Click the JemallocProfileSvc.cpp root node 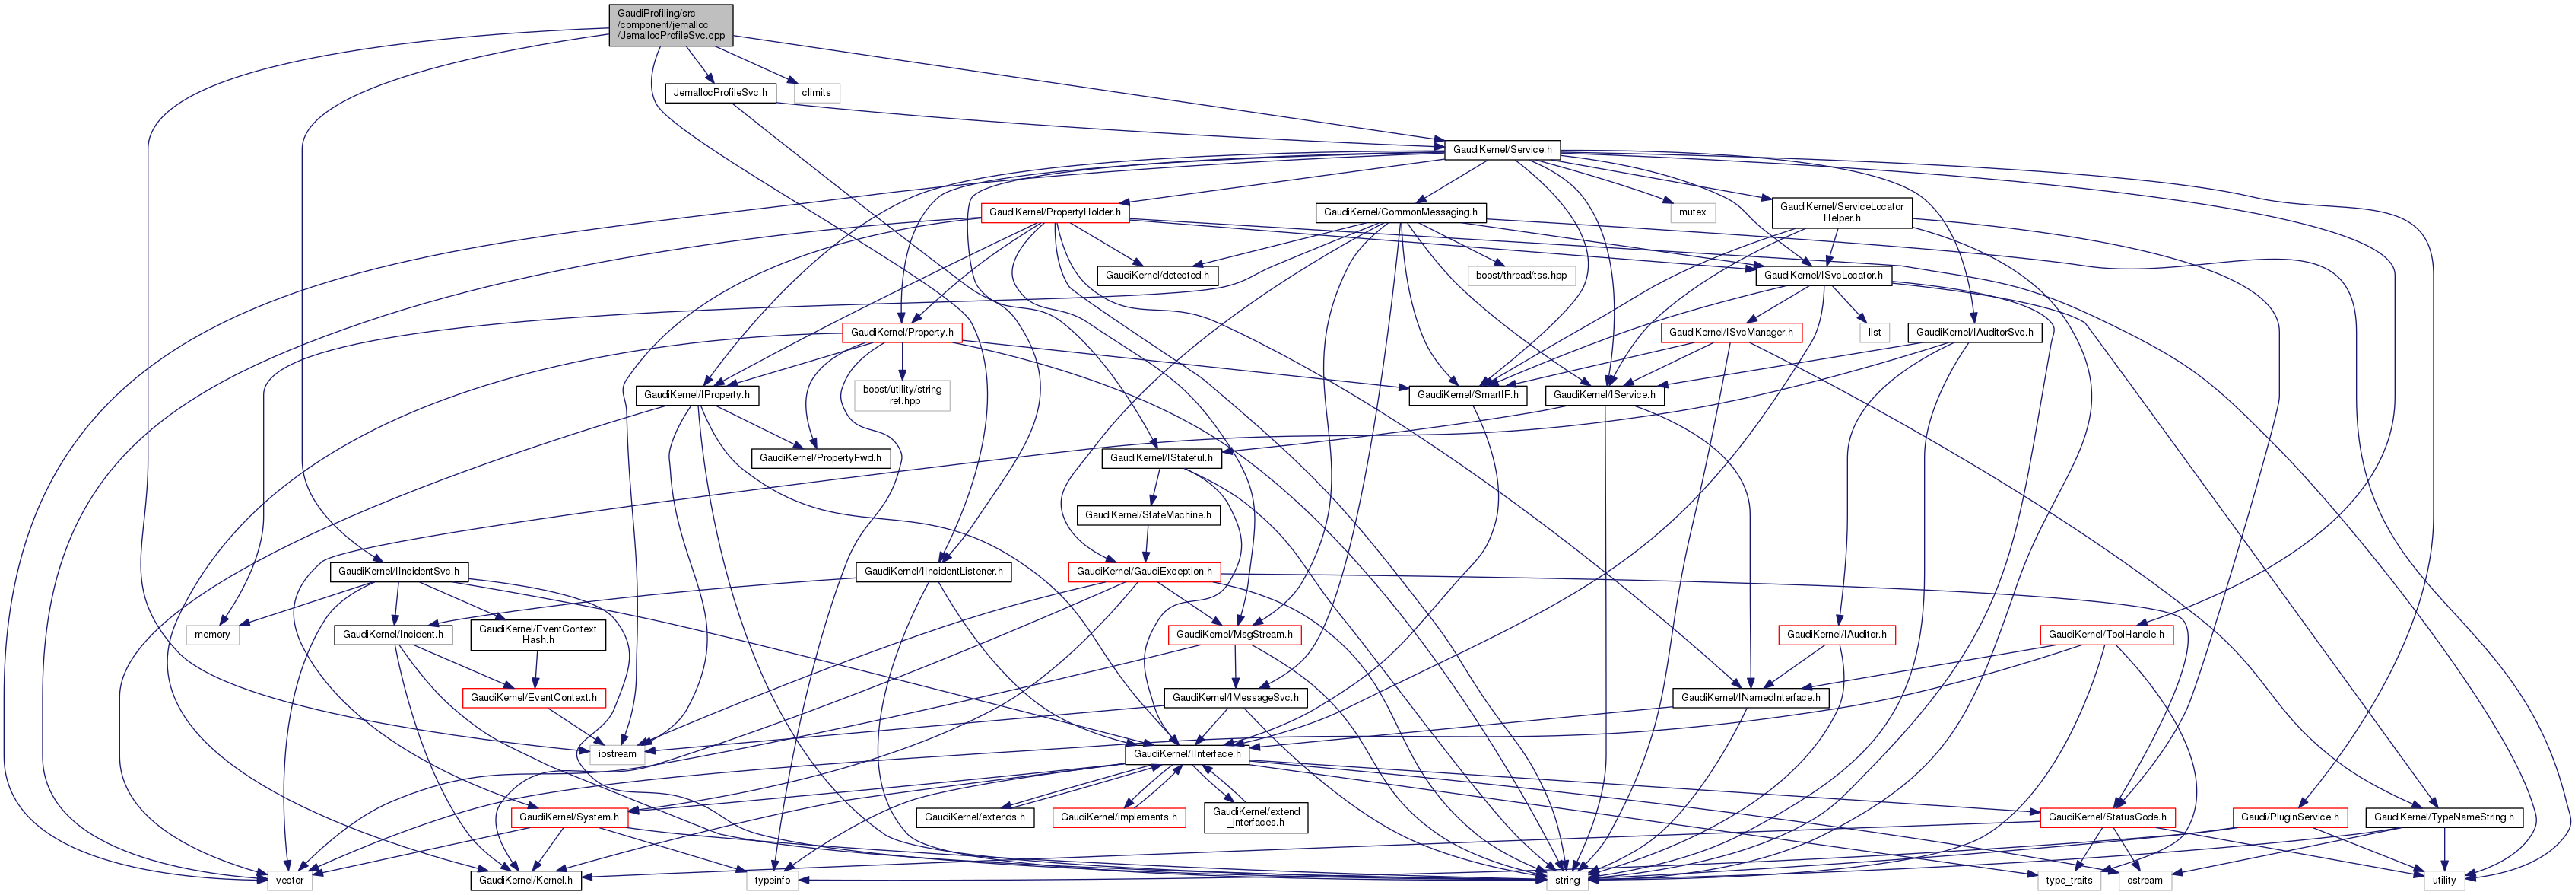(671, 24)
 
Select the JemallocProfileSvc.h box (719, 93)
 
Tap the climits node (816, 93)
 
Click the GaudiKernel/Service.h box (1501, 150)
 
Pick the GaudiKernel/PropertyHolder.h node (1055, 213)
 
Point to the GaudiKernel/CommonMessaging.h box (1399, 213)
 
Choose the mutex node (1692, 213)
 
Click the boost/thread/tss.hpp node (1520, 275)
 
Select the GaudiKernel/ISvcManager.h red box (1730, 332)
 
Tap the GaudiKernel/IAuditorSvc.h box (1973, 332)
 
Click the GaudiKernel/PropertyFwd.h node (820, 458)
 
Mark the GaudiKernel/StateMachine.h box (1148, 515)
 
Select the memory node (212, 635)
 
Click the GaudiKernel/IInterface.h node (1186, 754)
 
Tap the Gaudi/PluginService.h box (2289, 817)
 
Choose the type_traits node (2069, 880)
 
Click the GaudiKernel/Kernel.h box (525, 880)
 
